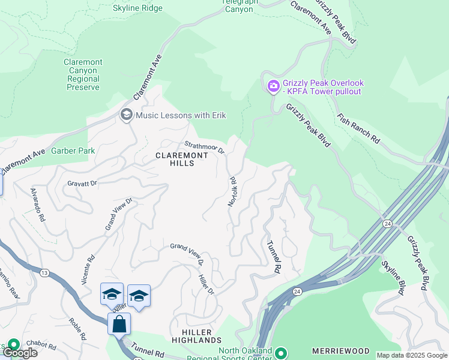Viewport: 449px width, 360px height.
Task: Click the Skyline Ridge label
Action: (137, 8)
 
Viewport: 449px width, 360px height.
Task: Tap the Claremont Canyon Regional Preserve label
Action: (83, 74)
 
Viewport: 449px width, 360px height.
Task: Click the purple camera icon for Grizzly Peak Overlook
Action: (273, 87)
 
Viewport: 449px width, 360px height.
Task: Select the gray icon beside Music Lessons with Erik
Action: (126, 114)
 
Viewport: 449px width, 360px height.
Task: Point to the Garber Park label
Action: (73, 151)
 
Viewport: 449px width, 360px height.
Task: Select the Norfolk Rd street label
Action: (232, 191)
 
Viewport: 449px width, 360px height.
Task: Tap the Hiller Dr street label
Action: (206, 281)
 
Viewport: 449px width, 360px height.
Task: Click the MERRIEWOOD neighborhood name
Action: (342, 350)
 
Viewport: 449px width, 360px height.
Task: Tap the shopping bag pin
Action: (119, 324)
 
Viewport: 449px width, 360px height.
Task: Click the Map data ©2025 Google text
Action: (412, 355)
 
